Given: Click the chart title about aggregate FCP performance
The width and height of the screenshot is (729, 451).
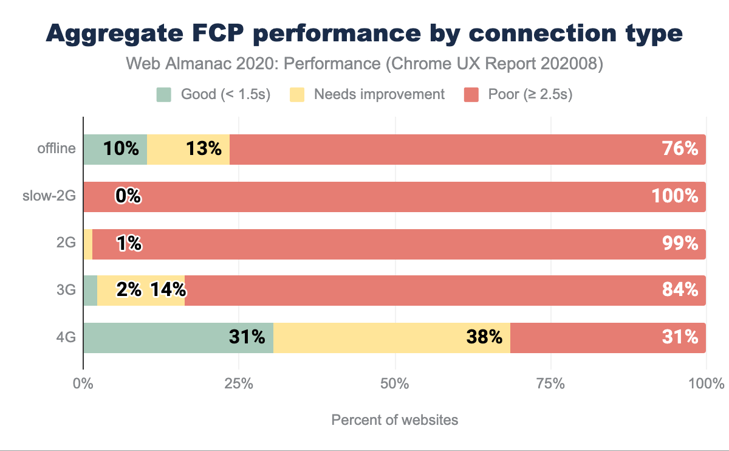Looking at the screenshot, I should (364, 34).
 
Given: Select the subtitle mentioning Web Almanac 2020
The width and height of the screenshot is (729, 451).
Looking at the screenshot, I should (364, 64).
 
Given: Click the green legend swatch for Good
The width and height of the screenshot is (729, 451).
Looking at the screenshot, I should (165, 95).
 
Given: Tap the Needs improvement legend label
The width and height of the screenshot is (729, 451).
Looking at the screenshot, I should (379, 95).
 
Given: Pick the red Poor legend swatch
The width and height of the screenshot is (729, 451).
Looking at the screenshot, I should (473, 95).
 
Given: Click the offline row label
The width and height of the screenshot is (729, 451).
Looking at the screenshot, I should (56, 149).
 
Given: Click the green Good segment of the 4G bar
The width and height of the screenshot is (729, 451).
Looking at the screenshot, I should (178, 337).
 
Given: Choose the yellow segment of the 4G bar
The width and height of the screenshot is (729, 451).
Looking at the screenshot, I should (391, 337).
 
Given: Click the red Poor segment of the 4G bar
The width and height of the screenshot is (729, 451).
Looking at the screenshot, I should (607, 337).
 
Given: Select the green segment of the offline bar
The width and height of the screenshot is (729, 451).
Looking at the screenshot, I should (115, 149).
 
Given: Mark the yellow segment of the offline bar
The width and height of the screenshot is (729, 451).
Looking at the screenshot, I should (188, 149).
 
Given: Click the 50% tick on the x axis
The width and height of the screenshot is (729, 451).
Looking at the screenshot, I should (395, 384).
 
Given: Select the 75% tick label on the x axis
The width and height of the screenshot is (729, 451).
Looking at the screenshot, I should (551, 384).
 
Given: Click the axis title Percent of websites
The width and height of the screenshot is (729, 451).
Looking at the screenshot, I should (395, 420).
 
